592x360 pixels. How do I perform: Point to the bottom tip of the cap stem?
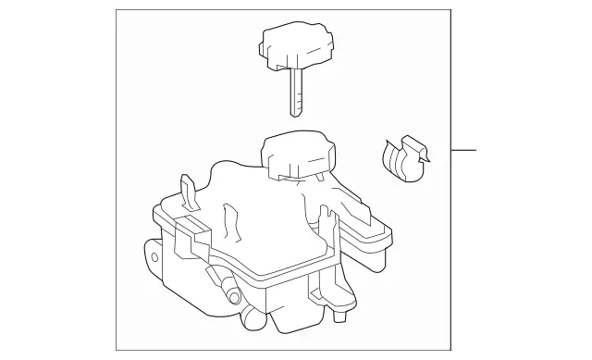tap(295, 114)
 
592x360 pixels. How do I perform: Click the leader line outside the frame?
tap(463, 150)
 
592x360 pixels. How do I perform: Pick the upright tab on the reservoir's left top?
tap(189, 192)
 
